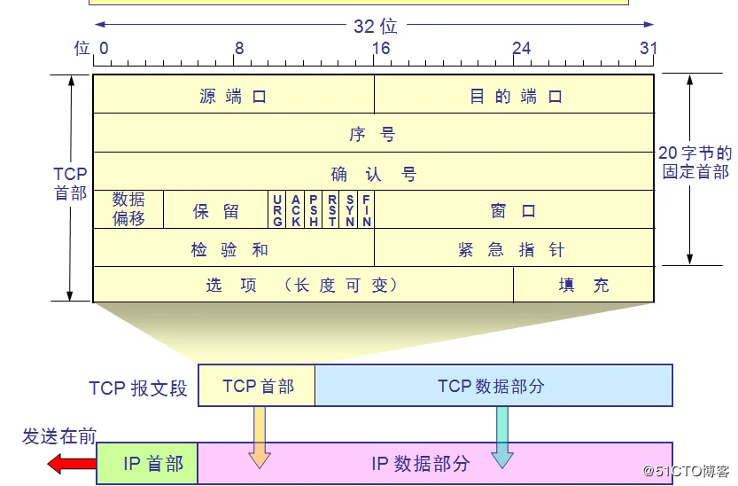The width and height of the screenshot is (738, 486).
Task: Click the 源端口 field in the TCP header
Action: click(x=233, y=96)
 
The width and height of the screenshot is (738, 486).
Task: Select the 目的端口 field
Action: click(x=515, y=96)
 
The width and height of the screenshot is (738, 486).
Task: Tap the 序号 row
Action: click(x=373, y=134)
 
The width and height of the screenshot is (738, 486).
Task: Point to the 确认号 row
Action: click(x=373, y=173)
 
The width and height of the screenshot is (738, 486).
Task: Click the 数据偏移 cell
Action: click(x=128, y=208)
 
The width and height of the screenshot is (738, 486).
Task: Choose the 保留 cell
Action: click(x=216, y=211)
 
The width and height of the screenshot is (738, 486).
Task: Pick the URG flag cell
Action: click(x=277, y=210)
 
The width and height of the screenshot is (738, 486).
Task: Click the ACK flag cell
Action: click(x=296, y=210)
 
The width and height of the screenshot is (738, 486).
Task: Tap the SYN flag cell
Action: click(x=350, y=210)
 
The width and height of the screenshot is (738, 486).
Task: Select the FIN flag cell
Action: click(x=366, y=210)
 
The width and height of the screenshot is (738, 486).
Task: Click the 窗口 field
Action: click(x=514, y=211)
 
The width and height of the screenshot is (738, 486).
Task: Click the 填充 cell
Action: click(x=583, y=285)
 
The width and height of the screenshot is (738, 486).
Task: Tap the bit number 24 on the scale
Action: click(x=521, y=48)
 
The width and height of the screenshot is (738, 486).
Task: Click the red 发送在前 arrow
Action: click(x=71, y=463)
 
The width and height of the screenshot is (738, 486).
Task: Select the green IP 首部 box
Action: click(x=147, y=463)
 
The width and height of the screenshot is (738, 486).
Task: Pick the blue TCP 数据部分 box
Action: click(x=493, y=386)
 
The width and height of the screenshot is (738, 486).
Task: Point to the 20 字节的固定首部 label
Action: click(x=695, y=162)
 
